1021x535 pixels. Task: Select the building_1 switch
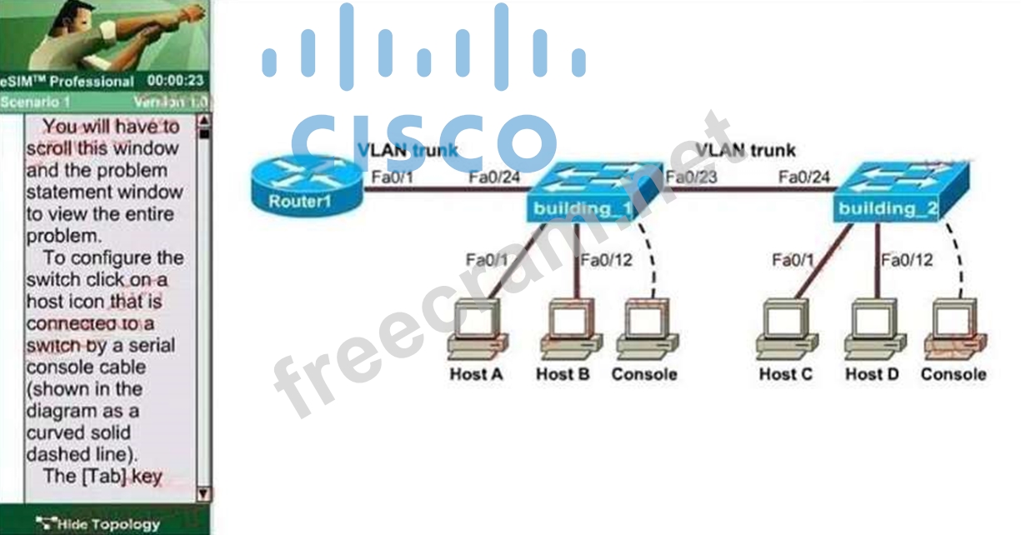click(x=581, y=192)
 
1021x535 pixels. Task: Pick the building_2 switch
click(x=887, y=192)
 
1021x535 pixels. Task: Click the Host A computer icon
click(x=476, y=329)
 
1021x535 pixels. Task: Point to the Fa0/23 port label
click(x=691, y=177)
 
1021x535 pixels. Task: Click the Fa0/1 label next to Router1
click(x=386, y=177)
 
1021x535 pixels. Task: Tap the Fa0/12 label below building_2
click(x=907, y=260)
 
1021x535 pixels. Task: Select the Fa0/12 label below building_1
click(x=607, y=260)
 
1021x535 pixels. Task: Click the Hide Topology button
click(x=105, y=524)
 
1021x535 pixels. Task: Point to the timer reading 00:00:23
click(x=176, y=81)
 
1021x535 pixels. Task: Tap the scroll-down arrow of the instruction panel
click(x=203, y=493)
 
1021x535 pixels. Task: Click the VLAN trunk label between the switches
click(x=745, y=151)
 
